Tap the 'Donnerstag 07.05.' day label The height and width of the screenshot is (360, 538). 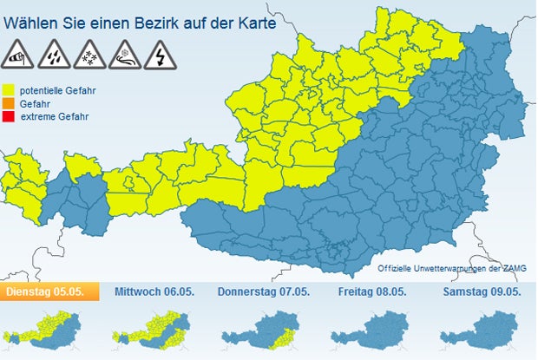coord(263,291)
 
